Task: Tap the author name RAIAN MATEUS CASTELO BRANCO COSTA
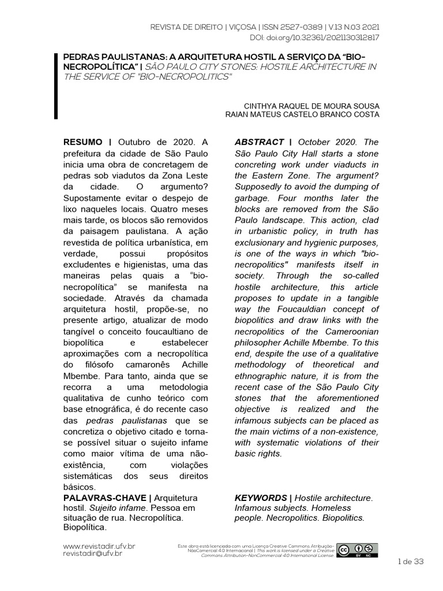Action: pos(302,114)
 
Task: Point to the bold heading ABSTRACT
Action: pos(260,143)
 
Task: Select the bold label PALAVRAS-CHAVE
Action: pos(106,497)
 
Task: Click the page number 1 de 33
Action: pos(411,562)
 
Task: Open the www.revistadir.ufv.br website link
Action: pos(99,545)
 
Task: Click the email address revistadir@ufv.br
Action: pos(92,553)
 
